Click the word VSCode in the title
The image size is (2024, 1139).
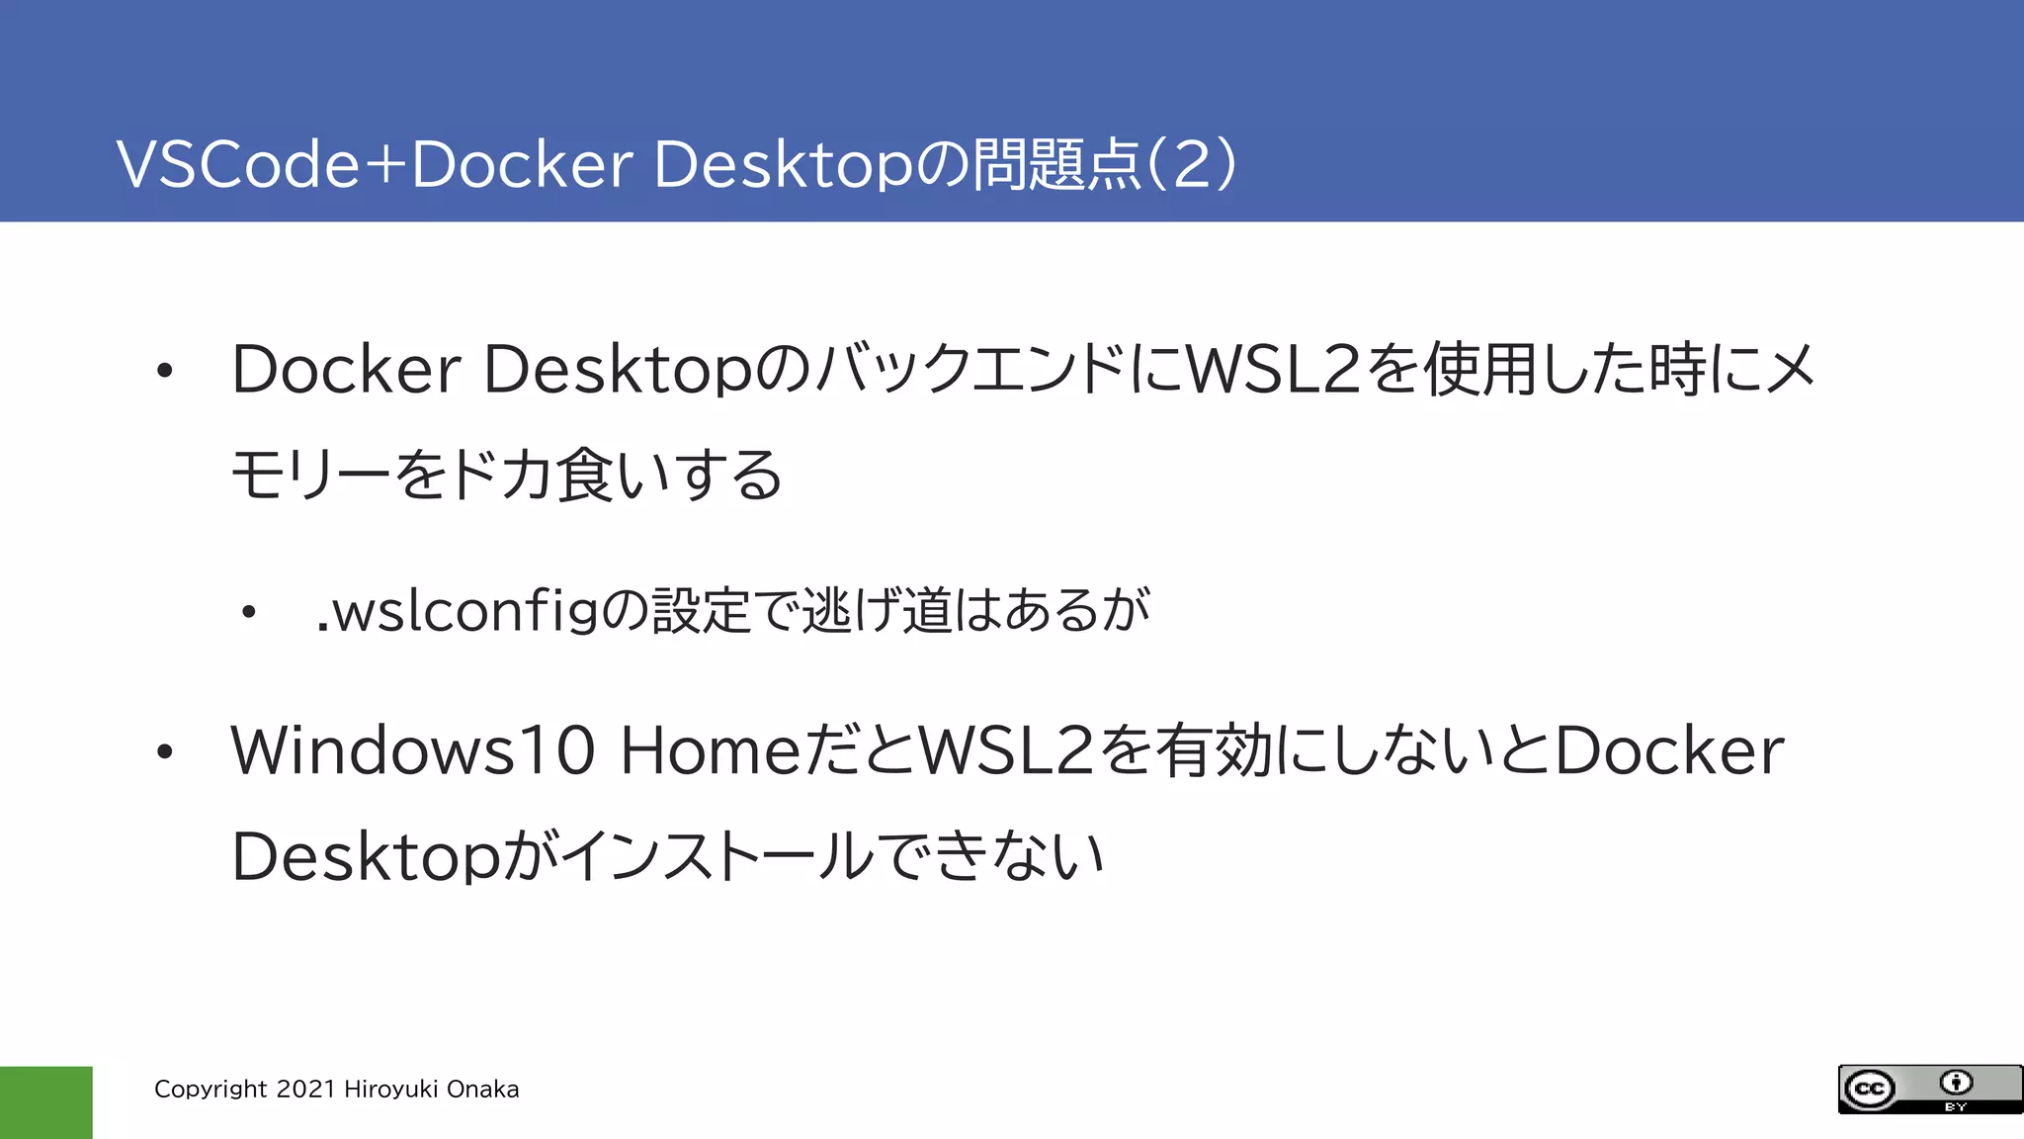[x=238, y=164]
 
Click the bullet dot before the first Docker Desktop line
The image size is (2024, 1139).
[x=164, y=372]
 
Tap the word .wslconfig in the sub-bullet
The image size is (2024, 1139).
[x=458, y=611]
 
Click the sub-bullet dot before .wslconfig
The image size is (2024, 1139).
[x=249, y=613]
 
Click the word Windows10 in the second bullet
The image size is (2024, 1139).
[x=413, y=750]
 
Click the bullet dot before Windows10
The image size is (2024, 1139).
[x=164, y=752]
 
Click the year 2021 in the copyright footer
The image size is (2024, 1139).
[x=306, y=1090]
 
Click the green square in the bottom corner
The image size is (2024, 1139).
[x=45, y=1101]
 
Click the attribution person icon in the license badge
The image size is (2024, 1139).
[x=1956, y=1083]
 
